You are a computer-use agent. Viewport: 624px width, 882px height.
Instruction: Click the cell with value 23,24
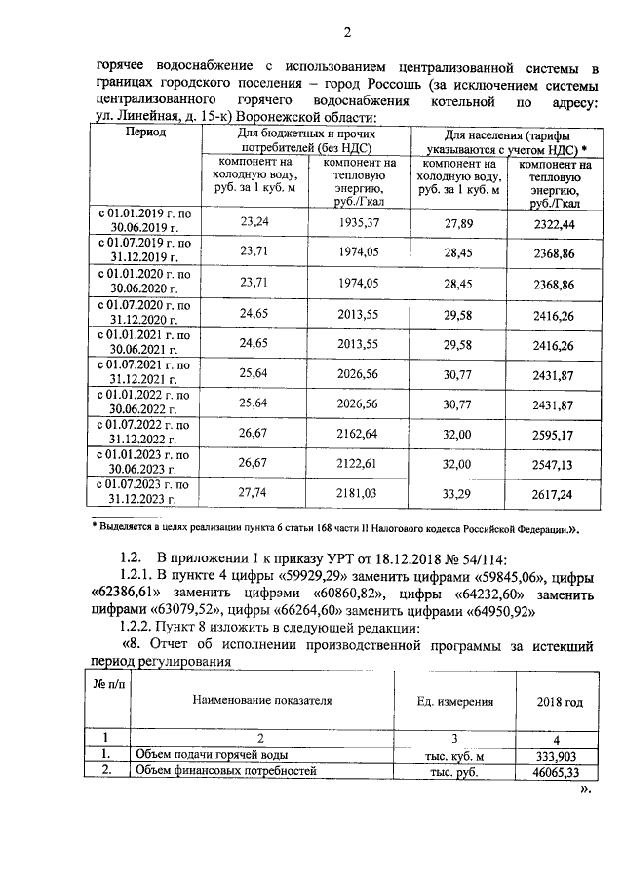tap(254, 222)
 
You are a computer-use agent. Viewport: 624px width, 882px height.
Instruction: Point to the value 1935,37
tap(357, 222)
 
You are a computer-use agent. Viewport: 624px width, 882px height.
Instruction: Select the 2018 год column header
tap(560, 702)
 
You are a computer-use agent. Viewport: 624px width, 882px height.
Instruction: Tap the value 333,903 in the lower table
tap(560, 755)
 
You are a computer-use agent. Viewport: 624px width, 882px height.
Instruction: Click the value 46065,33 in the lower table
tap(560, 772)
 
